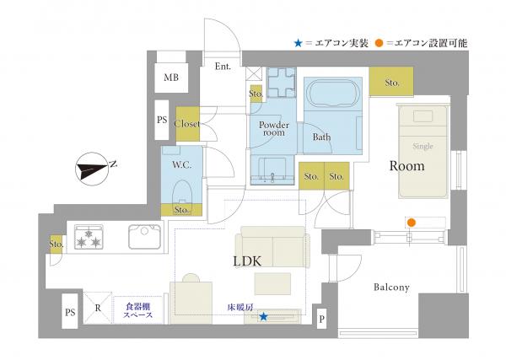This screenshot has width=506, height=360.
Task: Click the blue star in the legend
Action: point(299,43)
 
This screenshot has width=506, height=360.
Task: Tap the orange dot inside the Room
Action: point(412,223)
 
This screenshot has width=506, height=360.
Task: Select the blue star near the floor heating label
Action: point(264,317)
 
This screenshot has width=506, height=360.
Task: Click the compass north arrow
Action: point(92,169)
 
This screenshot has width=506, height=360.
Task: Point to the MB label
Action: point(171,78)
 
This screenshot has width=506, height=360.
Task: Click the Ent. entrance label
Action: point(223,67)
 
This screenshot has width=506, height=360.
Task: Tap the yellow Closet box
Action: point(187,124)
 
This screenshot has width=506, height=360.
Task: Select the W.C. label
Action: point(182,165)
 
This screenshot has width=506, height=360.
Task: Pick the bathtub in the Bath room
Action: point(333,94)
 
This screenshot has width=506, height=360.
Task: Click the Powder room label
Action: point(274,129)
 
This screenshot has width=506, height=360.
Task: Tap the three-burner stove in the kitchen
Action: point(89,237)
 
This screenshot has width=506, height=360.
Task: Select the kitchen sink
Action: point(144,237)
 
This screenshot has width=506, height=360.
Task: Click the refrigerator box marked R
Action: point(98,308)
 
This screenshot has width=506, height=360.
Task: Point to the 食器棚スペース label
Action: point(137,310)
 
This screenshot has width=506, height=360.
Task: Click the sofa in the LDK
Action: point(272,247)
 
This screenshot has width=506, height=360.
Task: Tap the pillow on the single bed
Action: point(423,116)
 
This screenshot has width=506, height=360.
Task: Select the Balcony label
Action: point(391,287)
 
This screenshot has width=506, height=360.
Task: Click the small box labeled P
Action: point(322,319)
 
